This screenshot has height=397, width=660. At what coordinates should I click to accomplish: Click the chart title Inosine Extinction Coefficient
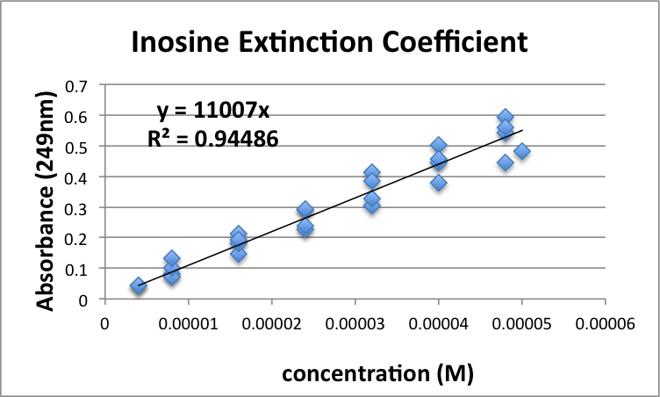[x=330, y=41]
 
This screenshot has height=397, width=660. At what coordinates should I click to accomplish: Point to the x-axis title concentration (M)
[x=377, y=373]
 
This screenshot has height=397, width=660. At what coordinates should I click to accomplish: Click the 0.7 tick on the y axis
[x=79, y=86]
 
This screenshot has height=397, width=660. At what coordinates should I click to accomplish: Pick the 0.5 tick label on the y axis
[x=79, y=147]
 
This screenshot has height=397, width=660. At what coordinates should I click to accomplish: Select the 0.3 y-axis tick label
[x=79, y=208]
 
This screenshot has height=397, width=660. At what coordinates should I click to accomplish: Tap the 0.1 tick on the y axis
[x=79, y=269]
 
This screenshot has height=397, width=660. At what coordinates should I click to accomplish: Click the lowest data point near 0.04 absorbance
[x=138, y=286]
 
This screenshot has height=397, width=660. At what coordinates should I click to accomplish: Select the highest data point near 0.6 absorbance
[x=506, y=117]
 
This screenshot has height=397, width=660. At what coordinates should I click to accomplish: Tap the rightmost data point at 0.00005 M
[x=522, y=151]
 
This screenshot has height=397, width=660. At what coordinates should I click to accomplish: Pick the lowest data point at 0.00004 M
[x=439, y=183]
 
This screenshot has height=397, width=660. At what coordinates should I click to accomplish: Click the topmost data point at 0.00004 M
[x=439, y=145]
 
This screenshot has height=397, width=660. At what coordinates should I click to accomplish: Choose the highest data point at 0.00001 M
[x=172, y=259]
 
